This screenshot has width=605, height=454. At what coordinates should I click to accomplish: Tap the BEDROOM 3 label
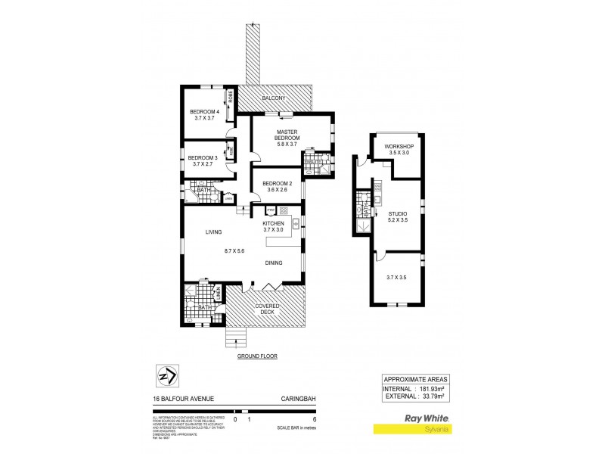click(x=203, y=157)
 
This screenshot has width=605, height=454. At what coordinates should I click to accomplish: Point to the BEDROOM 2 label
click(x=277, y=183)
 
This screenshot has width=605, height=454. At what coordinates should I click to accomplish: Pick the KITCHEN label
click(x=273, y=224)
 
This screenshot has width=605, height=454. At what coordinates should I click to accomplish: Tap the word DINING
click(x=274, y=263)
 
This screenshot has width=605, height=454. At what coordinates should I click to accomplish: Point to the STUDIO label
click(x=398, y=214)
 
